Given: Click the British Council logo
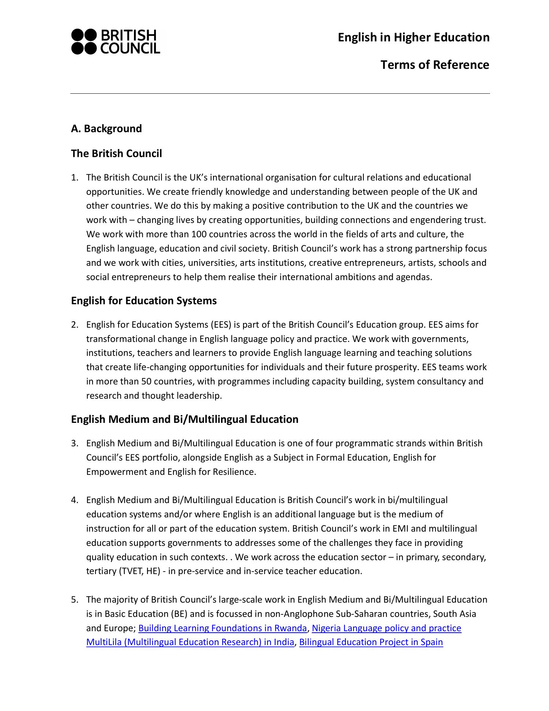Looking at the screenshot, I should (x=116, y=42).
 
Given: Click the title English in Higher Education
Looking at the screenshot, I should (x=413, y=37).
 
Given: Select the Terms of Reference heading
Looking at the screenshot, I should (x=434, y=65).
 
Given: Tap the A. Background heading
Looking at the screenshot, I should (x=106, y=129).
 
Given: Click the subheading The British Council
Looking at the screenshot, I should (x=116, y=153).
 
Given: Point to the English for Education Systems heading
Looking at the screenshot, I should (x=143, y=301).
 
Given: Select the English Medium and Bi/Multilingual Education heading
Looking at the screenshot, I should (x=184, y=419).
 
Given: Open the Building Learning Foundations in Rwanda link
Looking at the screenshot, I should (x=223, y=628).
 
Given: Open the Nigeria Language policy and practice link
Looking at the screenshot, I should (x=386, y=628).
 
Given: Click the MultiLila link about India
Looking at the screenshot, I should (x=190, y=642).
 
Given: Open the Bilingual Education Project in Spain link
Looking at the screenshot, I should (x=371, y=642).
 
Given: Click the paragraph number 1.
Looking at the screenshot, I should (x=74, y=178).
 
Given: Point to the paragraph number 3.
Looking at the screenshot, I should (x=74, y=443).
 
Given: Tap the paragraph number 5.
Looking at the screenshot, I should (x=74, y=600).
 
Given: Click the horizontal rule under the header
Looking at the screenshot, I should (x=280, y=94).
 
